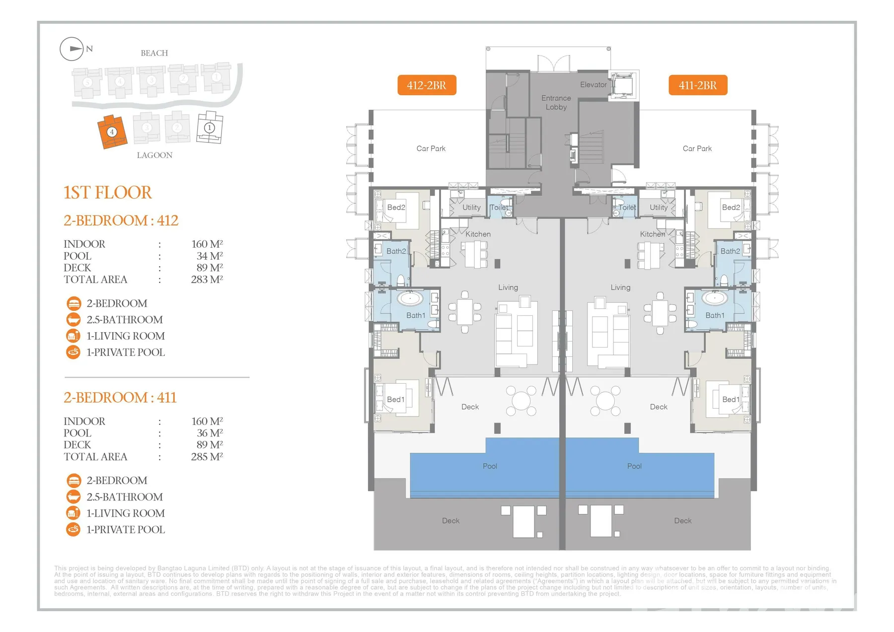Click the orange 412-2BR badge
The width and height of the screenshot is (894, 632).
[427, 85]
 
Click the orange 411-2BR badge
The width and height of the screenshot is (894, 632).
[697, 85]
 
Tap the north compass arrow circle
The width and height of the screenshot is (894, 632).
[72, 49]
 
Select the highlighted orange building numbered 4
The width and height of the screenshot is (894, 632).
[112, 132]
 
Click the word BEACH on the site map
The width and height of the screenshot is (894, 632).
[154, 53]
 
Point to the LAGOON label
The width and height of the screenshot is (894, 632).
[154, 155]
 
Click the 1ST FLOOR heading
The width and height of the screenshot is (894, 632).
[107, 193]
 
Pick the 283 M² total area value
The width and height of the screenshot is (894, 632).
[207, 280]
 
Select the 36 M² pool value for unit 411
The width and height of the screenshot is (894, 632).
[209, 433]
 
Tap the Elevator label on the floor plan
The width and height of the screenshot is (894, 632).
[593, 85]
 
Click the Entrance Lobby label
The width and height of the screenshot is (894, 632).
[556, 103]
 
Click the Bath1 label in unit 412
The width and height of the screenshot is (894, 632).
[416, 315]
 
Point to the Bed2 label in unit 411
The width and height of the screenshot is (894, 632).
[731, 208]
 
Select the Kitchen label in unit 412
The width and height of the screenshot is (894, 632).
[478, 234]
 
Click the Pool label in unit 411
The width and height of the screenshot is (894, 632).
[634, 466]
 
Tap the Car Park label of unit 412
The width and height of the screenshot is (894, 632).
[431, 148]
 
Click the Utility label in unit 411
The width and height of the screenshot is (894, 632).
[659, 208]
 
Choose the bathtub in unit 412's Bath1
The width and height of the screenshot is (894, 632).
[410, 299]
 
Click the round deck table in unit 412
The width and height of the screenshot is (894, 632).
[521, 400]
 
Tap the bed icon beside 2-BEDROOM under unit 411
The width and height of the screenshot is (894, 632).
[74, 481]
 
